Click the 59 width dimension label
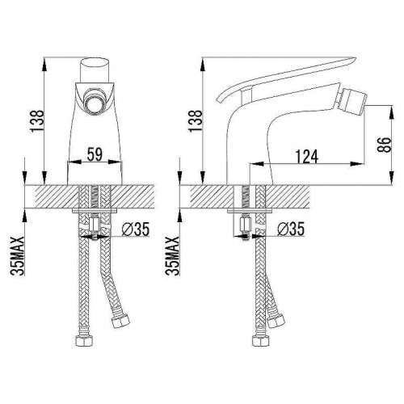pos(95,154)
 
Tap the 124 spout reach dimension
pos(307,157)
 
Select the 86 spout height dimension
pos(384,145)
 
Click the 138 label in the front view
pos(37,120)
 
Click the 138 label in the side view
pos(196,120)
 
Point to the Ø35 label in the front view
pos(135,229)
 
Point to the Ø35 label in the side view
pos(291,229)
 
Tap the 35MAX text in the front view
pos(17,255)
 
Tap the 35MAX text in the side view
pos(172,255)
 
